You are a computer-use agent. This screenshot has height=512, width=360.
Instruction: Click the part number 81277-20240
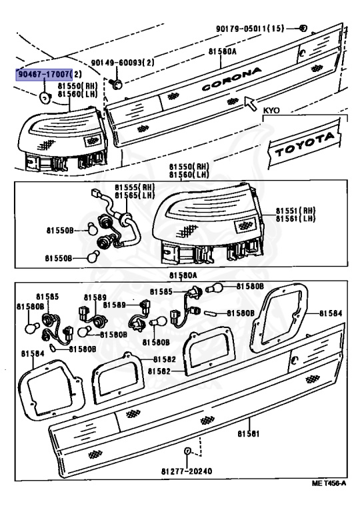[186, 471]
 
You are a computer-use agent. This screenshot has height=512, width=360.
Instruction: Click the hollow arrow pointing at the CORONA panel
[251, 103]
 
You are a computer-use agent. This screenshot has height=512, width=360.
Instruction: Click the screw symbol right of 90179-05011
[303, 28]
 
